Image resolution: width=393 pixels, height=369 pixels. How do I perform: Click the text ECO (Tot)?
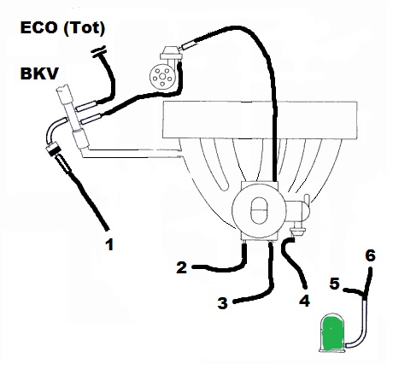(x=62, y=28)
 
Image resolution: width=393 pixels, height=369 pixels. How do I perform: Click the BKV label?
(x=39, y=73)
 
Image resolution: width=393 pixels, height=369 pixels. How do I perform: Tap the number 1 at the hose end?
(x=109, y=244)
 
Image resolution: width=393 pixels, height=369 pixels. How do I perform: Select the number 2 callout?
(x=181, y=267)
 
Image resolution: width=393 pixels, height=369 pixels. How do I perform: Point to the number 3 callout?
(x=222, y=303)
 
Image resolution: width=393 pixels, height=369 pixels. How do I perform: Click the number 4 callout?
(x=304, y=301)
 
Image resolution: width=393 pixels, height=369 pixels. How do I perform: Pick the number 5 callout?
(x=334, y=284)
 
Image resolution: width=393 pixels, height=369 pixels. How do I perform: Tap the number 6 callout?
(x=370, y=255)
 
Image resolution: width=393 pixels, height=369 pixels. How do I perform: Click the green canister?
(x=332, y=333)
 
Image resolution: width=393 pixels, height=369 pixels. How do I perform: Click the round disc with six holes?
(x=161, y=77)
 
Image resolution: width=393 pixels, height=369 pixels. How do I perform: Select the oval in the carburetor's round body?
(x=259, y=210)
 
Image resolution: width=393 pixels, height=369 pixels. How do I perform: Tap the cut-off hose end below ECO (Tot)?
(x=98, y=51)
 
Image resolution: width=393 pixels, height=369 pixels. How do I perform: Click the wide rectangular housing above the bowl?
(x=260, y=120)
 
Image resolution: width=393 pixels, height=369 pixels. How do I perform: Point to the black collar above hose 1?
(x=53, y=149)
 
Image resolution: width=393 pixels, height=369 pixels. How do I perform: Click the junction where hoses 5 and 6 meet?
(x=365, y=294)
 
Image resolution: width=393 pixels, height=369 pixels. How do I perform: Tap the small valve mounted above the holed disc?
(x=170, y=54)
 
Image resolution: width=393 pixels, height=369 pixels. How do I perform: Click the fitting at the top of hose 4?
(x=297, y=231)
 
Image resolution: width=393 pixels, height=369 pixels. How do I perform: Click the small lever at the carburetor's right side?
(x=307, y=200)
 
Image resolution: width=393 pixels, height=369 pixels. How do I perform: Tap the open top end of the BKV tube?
(x=63, y=89)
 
